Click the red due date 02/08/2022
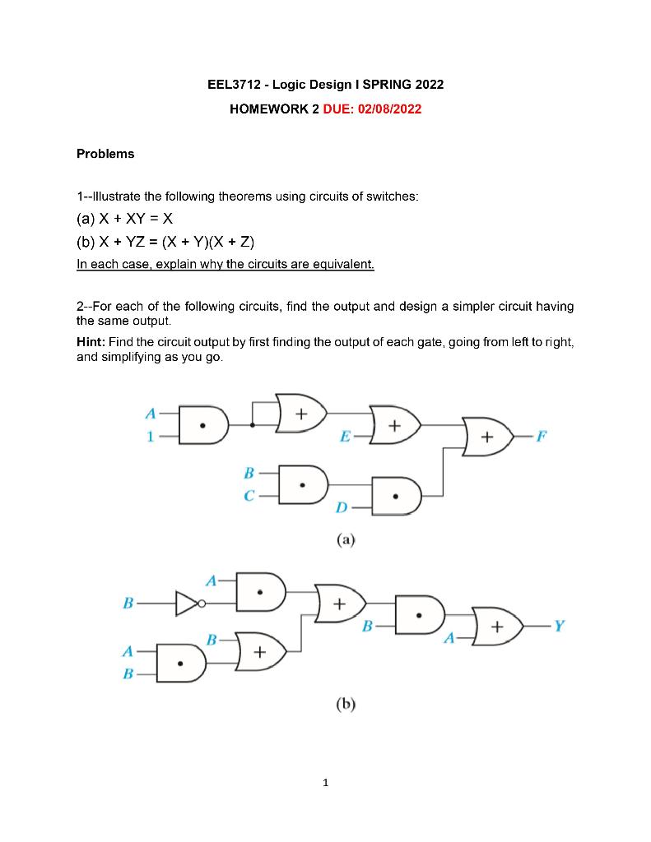click(387, 109)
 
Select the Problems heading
click(105, 154)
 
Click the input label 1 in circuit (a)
click(150, 437)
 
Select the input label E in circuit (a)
click(344, 437)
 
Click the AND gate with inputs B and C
click(303, 483)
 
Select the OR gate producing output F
click(487, 436)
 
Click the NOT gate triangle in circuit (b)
click(187, 604)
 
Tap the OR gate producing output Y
click(497, 627)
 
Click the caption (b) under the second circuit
click(346, 704)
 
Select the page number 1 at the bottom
click(326, 783)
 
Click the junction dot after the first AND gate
click(252, 425)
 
